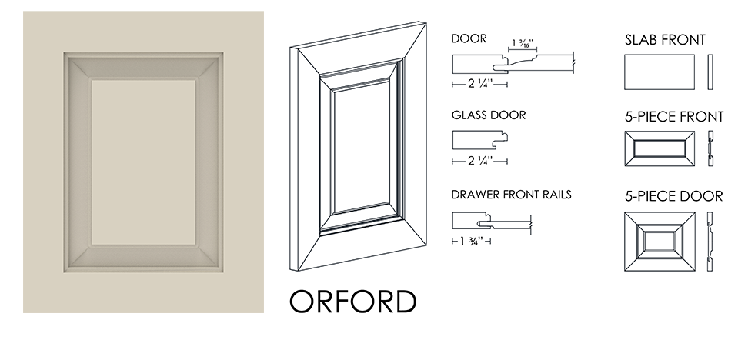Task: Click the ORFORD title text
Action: point(353,301)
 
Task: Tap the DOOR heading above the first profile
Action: point(469,38)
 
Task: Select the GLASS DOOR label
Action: point(489,115)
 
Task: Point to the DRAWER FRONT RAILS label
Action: point(512,195)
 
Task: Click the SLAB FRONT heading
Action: point(665,40)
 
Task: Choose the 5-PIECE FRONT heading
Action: point(674,117)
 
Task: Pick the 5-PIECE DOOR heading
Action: point(673,196)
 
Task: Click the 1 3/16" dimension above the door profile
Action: point(523,43)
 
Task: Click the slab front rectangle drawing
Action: point(660,72)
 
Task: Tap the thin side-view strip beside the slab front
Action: point(710,72)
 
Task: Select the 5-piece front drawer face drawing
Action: point(660,148)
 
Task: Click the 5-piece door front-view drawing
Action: point(660,242)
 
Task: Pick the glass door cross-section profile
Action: point(480,140)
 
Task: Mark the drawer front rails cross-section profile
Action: point(491,222)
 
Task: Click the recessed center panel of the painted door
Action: point(143,162)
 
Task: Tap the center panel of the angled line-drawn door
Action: point(361,151)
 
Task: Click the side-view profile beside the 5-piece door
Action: point(710,242)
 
